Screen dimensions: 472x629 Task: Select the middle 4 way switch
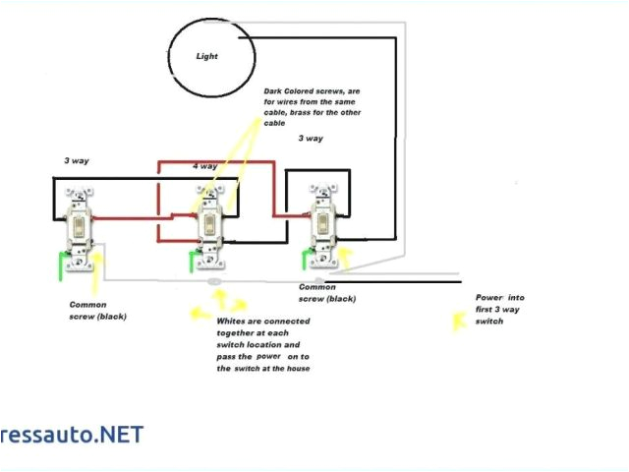click(208, 225)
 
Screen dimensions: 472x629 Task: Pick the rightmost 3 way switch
click(322, 225)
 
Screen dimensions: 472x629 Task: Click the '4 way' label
click(204, 166)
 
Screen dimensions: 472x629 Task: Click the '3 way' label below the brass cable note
click(311, 139)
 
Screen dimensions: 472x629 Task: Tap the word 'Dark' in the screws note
click(273, 90)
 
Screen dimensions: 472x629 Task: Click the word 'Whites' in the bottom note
click(232, 321)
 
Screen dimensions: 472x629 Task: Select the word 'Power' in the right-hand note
click(488, 297)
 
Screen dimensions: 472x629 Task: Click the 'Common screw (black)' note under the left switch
click(97, 310)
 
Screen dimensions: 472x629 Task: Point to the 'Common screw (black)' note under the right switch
click(327, 292)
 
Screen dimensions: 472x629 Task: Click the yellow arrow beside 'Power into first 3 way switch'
click(458, 320)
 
